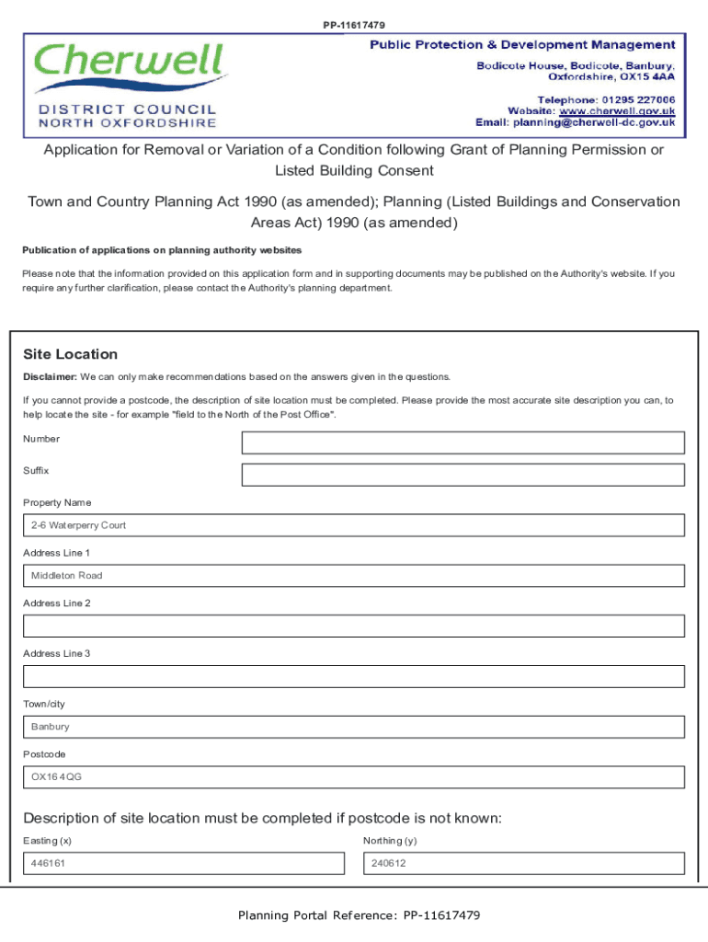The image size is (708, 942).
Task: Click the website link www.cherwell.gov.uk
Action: click(x=617, y=110)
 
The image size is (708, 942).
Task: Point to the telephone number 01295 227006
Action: click(x=639, y=99)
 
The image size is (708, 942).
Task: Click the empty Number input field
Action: click(x=462, y=443)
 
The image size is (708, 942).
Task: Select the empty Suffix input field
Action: click(x=462, y=475)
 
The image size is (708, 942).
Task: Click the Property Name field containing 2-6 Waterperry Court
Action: click(x=354, y=525)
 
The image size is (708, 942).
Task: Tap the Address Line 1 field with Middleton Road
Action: click(x=354, y=576)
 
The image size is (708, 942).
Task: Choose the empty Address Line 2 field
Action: click(x=354, y=626)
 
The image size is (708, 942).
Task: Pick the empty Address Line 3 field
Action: click(x=354, y=676)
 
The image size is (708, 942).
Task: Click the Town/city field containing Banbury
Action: click(x=354, y=727)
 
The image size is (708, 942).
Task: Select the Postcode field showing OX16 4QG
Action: click(x=354, y=777)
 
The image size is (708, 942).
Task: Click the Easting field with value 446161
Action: click(x=184, y=864)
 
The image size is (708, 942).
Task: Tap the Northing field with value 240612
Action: click(x=524, y=864)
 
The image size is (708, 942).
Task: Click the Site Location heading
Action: click(x=71, y=354)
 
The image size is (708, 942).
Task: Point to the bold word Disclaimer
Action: click(x=50, y=376)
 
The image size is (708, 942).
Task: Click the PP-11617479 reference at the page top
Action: click(x=354, y=25)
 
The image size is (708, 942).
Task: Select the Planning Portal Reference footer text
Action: click(x=359, y=915)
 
